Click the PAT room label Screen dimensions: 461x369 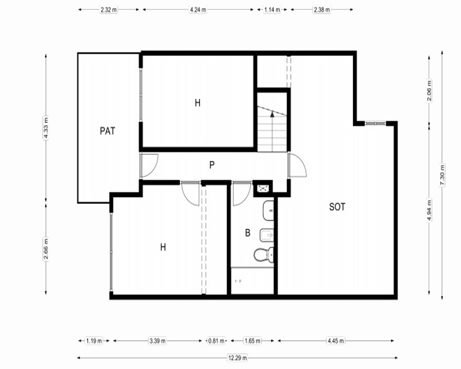(x=107, y=131)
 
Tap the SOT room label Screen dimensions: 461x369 (x=337, y=207)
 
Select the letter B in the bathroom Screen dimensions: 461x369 (x=248, y=233)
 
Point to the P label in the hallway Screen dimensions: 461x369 (x=212, y=165)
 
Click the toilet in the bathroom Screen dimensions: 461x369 (x=264, y=255)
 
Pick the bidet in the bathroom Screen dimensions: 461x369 (x=266, y=235)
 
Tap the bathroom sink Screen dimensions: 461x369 (x=268, y=211)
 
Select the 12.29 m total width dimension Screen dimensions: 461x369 (x=237, y=358)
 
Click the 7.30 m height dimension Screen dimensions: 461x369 (x=442, y=175)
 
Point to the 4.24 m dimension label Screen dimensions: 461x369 (x=198, y=9)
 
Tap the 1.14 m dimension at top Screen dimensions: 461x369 (x=272, y=9)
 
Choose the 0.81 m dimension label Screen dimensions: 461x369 (x=216, y=341)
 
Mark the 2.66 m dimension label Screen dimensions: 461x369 (x=46, y=249)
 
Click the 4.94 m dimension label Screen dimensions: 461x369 (x=429, y=210)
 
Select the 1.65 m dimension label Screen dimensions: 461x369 (x=252, y=341)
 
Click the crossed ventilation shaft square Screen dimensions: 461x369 (x=263, y=188)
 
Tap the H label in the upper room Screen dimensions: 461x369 (x=198, y=103)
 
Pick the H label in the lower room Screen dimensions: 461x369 (x=163, y=247)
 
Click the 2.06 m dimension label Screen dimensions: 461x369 (x=429, y=90)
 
